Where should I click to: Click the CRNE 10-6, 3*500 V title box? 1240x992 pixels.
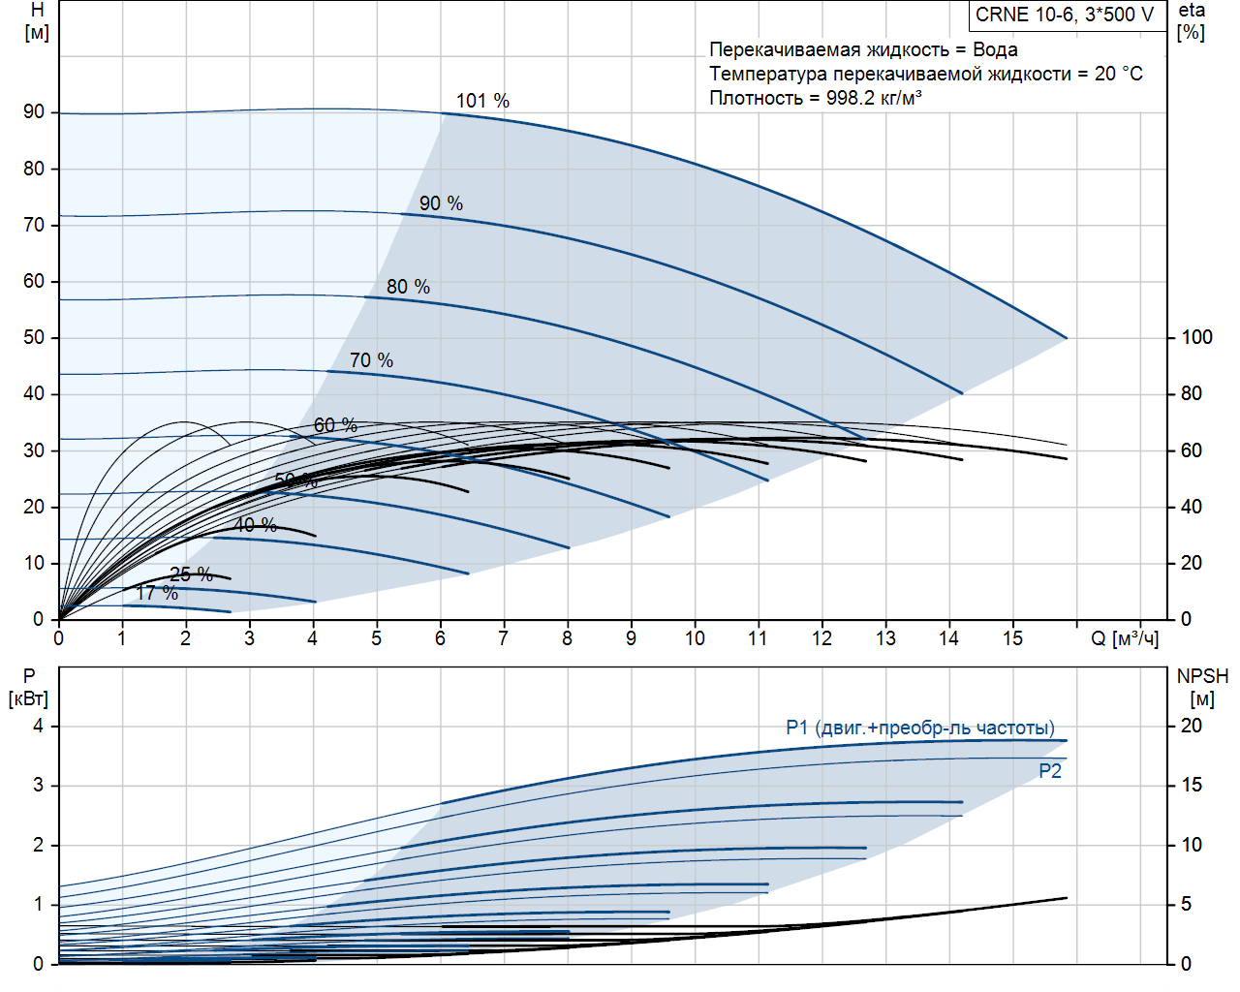coord(1065,15)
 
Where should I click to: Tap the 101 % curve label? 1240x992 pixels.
coord(482,101)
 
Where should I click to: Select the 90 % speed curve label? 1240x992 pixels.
coord(441,203)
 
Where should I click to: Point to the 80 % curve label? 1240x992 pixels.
coord(408,287)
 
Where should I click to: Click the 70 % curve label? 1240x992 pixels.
coord(371,360)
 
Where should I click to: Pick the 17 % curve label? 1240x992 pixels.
coord(157,593)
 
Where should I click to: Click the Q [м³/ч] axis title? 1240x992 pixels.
coord(1124,638)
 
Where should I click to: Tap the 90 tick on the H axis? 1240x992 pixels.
coord(34,112)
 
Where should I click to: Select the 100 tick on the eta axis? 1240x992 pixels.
coord(1196,337)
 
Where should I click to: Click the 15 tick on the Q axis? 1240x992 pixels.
coord(1012,638)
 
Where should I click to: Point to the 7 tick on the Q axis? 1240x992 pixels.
coord(503,638)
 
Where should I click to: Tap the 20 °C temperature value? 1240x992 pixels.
coord(1118,74)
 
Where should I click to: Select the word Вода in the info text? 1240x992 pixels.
coord(995,49)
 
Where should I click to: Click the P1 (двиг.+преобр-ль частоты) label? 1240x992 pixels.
coord(920,728)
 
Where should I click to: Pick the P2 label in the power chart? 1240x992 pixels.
coord(1050,771)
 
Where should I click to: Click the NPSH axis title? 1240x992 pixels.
coord(1202,676)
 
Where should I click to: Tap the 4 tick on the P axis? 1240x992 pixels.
coord(39,726)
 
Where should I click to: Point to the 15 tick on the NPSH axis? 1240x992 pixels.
coord(1191,785)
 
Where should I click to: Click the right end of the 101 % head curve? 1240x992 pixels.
coord(1067,338)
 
